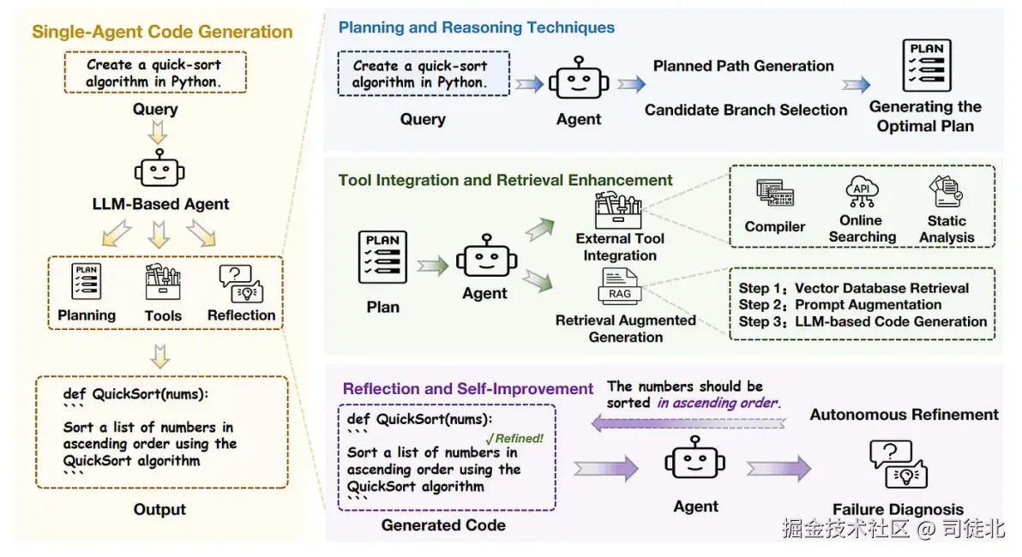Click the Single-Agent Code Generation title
coord(162,33)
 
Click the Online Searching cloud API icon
coord(861,192)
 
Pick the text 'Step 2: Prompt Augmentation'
coord(839,305)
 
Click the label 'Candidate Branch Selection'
coord(746,110)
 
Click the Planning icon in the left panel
coord(87,283)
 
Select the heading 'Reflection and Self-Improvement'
coord(468,389)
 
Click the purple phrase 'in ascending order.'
coord(718,403)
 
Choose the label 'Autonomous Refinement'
coord(904,415)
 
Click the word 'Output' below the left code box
coord(159,510)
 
